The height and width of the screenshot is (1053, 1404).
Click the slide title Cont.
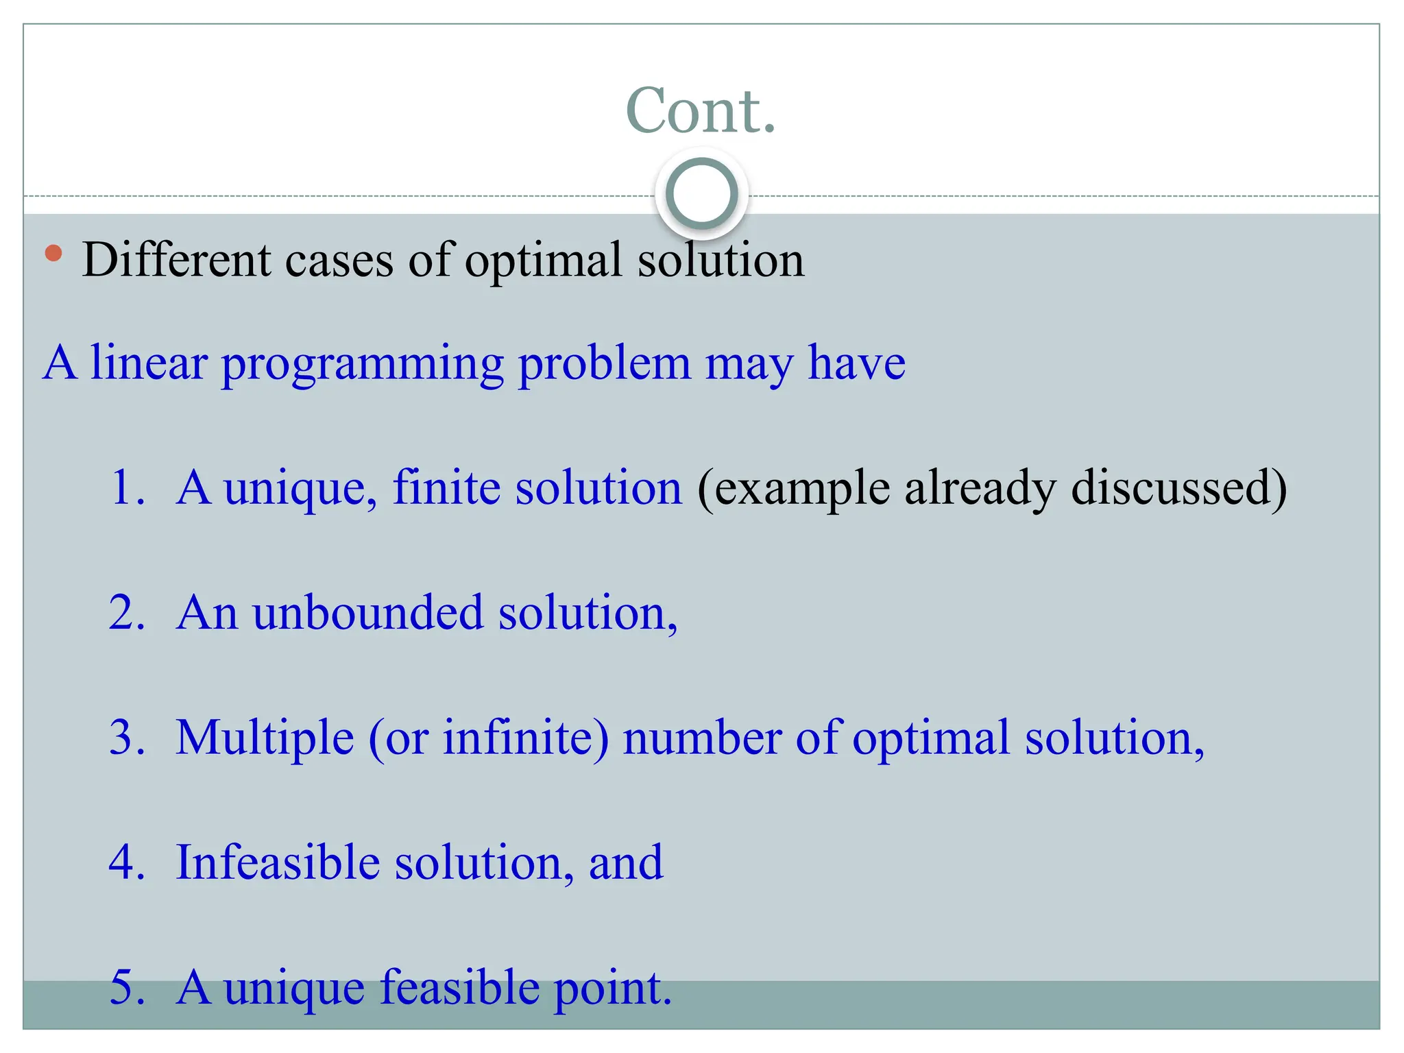(701, 111)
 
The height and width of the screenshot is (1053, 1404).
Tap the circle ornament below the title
(701, 194)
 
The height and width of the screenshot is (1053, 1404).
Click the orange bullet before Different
(53, 254)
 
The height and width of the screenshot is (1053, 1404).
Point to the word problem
(604, 363)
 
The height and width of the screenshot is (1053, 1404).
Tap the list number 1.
(128, 488)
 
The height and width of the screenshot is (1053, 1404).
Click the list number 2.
(128, 613)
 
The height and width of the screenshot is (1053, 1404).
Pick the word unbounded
(367, 613)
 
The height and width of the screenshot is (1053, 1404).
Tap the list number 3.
(128, 738)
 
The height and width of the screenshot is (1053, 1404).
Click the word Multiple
(265, 738)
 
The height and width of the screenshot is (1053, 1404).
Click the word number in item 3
(702, 738)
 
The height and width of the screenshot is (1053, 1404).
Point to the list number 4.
(128, 863)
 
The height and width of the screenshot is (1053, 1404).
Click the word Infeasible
(278, 863)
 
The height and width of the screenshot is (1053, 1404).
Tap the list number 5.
(128, 988)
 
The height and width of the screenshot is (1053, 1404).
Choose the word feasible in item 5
(459, 988)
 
